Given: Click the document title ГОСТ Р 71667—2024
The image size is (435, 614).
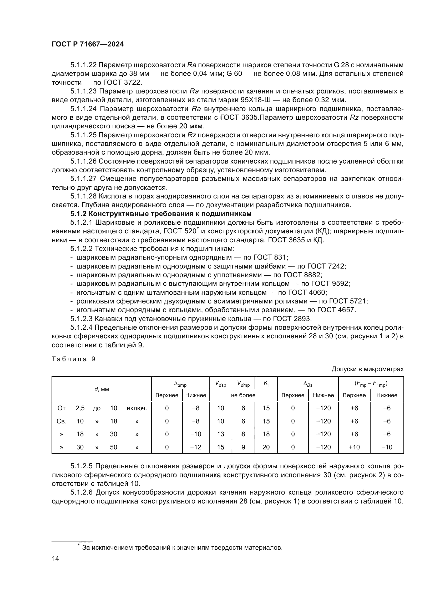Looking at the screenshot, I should coord(88,44).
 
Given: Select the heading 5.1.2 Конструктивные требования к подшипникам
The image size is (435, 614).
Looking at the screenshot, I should coord(161,214).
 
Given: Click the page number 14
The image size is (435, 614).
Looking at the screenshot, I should coord(55,558).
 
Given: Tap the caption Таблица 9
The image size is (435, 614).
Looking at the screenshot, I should coord(73,359).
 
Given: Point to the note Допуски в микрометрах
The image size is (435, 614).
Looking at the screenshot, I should coord(367,369).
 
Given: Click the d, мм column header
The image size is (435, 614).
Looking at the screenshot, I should coord(102,389).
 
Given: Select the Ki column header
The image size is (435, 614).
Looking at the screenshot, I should coord(266,384).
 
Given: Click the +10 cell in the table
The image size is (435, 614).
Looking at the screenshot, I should coord(354,447).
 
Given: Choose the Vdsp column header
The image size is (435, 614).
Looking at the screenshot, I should coord(220,384).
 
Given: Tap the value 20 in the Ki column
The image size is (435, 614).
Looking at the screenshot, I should coord(266,447).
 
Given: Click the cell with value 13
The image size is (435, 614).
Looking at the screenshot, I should coord(220,434).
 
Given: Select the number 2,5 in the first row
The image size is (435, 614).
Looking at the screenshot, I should coord(80,408).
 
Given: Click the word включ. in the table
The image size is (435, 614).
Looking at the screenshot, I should coord(137,408).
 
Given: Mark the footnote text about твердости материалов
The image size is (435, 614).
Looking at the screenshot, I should coord(182,547).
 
